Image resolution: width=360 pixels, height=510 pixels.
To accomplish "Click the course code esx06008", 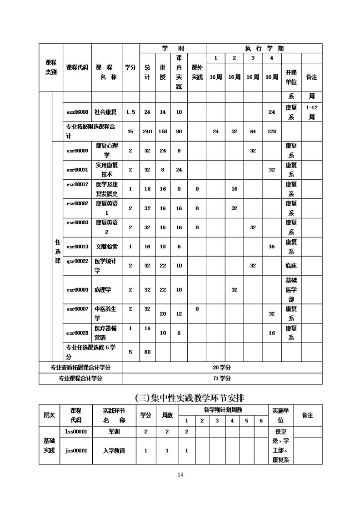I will tap(77, 112).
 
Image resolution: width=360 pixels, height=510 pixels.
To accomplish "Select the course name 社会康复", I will tap(105, 112).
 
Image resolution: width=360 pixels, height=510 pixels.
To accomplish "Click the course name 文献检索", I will tap(106, 247).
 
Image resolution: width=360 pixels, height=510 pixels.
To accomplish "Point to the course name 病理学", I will tap(103, 289).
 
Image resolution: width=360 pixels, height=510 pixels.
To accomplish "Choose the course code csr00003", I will tap(77, 289).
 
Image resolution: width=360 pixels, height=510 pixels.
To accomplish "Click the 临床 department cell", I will tap(291, 265).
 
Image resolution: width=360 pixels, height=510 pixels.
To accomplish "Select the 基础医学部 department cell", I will tap(291, 289).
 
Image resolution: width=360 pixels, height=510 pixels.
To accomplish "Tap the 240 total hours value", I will tap(147, 131).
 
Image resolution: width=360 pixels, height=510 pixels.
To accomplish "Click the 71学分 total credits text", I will tap(222, 378).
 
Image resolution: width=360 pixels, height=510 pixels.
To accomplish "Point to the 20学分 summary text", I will tap(222, 367).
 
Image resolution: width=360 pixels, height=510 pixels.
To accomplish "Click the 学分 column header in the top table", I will tap(130, 67).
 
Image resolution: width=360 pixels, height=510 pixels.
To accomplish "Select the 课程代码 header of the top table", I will tap(77, 67).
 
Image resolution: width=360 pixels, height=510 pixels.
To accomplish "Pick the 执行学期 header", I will tap(265, 48).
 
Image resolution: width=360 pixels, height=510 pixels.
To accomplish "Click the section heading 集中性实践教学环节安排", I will tap(190, 397).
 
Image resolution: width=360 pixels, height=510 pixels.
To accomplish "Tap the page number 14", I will tap(180, 475).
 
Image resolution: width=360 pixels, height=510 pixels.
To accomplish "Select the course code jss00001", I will tap(76, 450).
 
